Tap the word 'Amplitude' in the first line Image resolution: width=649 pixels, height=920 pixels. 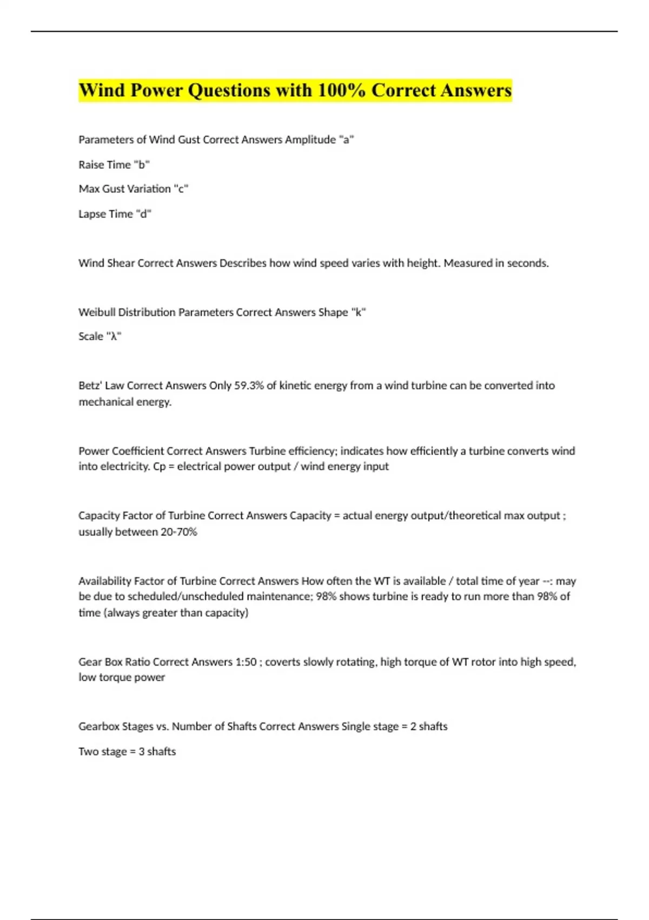(x=310, y=140)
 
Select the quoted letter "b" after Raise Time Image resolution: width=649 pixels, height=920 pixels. (x=142, y=165)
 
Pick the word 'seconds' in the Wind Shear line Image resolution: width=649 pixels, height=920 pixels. (x=528, y=263)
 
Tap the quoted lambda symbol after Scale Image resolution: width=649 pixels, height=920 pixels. (x=114, y=337)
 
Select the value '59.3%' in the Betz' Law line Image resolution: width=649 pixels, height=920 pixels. (x=249, y=386)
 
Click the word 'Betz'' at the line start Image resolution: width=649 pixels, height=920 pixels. (x=90, y=386)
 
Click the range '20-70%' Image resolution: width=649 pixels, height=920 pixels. (x=179, y=532)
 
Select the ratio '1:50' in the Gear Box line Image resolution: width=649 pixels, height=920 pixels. (x=246, y=662)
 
